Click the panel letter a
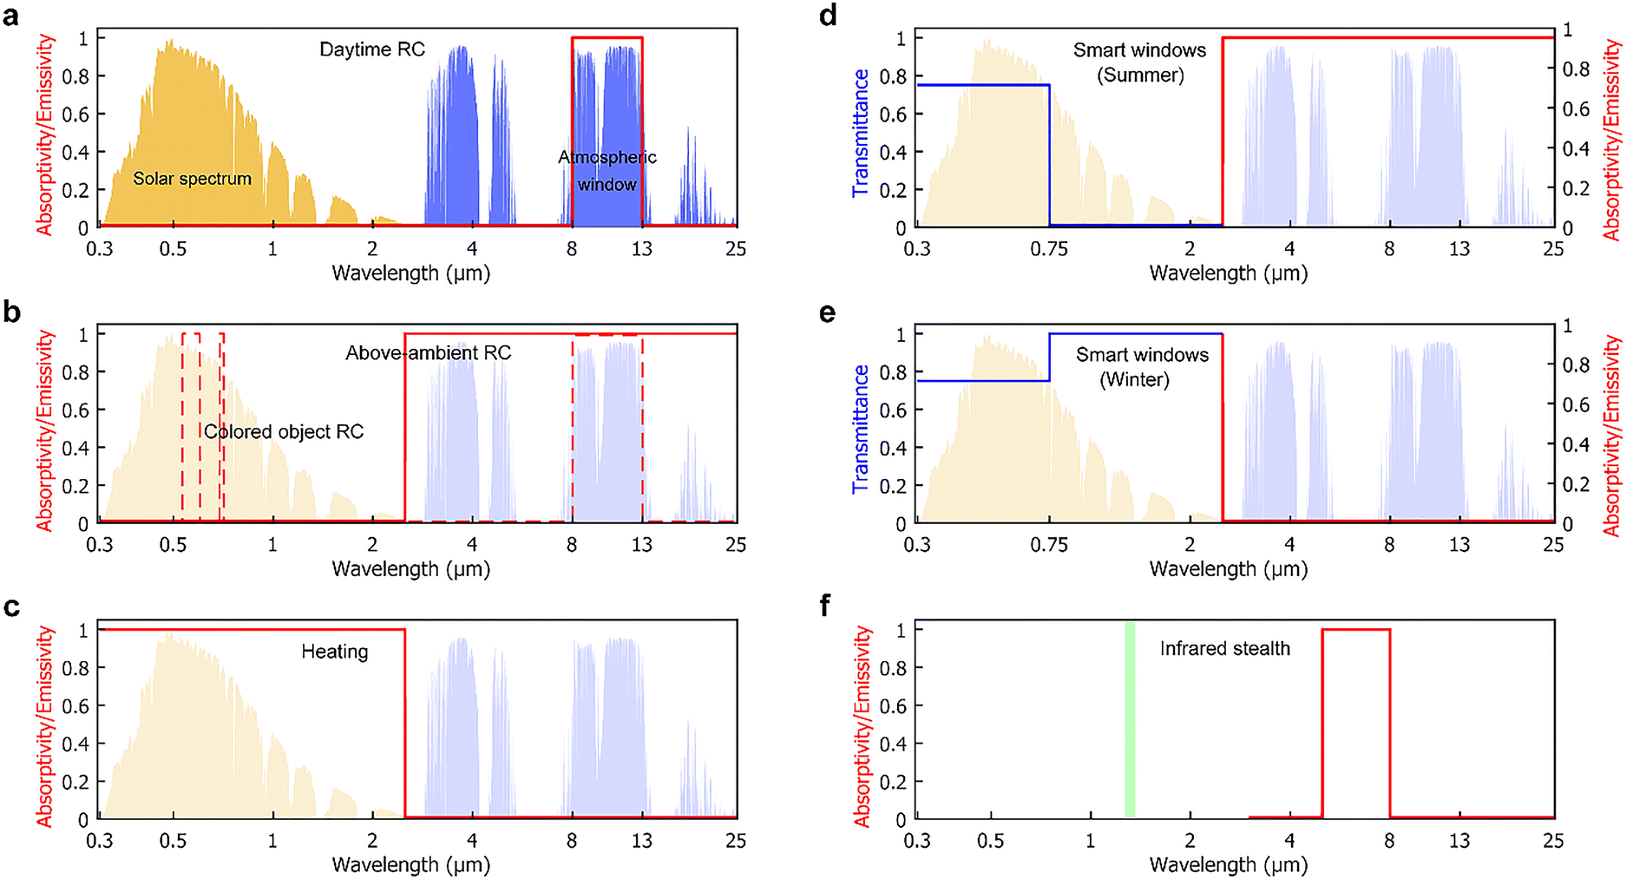point(10,16)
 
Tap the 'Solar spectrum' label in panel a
point(192,179)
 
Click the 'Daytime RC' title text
point(372,49)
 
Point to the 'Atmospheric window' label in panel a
point(607,171)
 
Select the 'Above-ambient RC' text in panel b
point(429,353)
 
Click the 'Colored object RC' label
point(284,432)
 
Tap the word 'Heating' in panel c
point(335,652)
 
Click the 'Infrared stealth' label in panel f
point(1224,649)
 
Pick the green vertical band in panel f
point(1130,719)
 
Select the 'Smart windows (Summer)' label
point(1139,62)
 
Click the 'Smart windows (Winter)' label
point(1142,367)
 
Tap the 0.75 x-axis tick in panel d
point(1049,250)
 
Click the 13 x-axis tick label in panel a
point(641,250)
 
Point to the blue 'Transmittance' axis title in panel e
point(861,429)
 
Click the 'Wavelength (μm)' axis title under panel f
point(1228,865)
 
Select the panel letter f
point(827,606)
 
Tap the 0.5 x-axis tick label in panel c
point(173,842)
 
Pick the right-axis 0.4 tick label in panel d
point(1576,148)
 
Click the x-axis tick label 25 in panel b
point(736,546)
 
